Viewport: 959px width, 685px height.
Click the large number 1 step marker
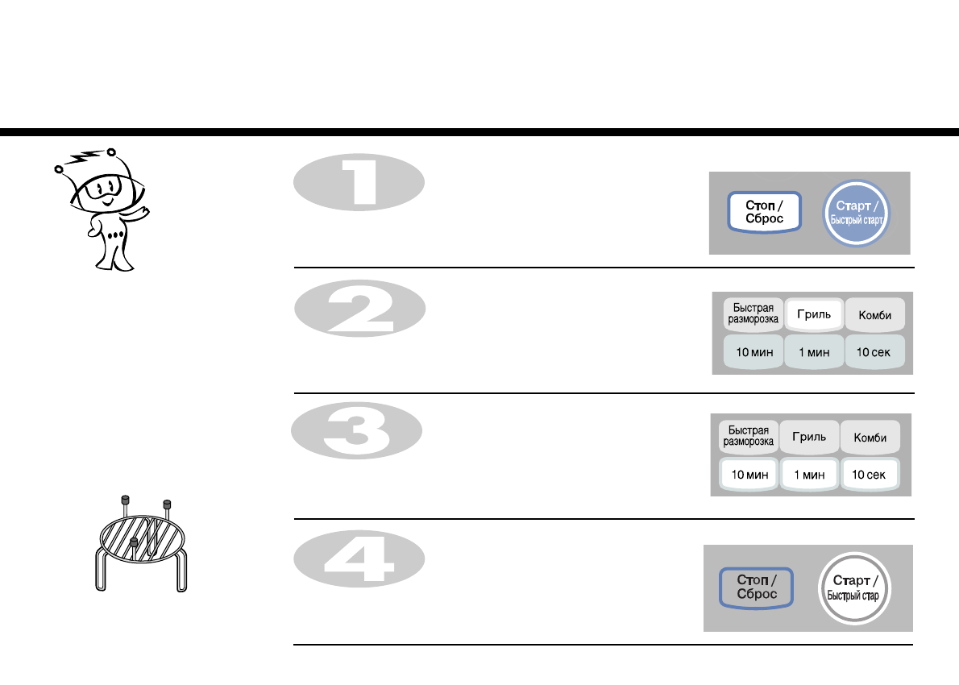click(x=359, y=183)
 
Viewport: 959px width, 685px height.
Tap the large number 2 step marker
click(x=359, y=309)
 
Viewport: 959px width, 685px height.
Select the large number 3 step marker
click(x=357, y=433)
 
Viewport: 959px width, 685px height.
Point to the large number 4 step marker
click(x=359, y=558)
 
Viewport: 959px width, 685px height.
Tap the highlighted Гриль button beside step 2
click(x=814, y=315)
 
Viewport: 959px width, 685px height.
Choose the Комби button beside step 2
click(x=874, y=315)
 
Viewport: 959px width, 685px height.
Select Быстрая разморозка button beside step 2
click(x=753, y=314)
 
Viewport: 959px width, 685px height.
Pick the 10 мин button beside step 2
click(x=753, y=352)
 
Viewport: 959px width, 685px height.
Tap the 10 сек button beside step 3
click(x=870, y=475)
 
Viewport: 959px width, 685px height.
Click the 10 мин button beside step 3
click(x=749, y=475)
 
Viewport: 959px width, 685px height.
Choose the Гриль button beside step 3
click(x=809, y=437)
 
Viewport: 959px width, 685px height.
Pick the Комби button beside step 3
click(x=870, y=437)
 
